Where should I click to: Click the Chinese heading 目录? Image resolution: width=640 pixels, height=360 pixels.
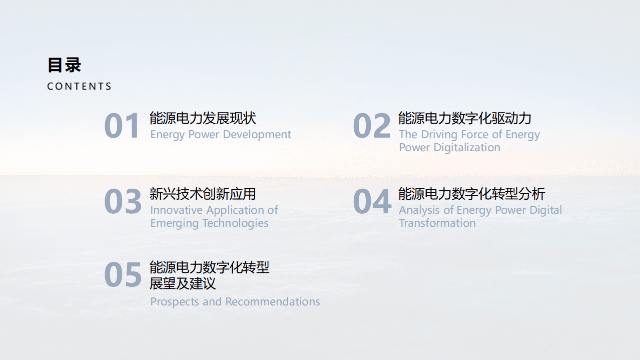[64, 65]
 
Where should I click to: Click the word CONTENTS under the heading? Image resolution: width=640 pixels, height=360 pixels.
[79, 87]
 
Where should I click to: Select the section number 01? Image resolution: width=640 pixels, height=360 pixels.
[122, 126]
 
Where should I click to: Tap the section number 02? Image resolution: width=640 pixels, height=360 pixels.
[371, 126]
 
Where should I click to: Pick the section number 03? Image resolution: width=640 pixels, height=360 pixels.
[123, 202]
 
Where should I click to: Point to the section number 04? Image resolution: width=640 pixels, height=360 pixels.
[372, 202]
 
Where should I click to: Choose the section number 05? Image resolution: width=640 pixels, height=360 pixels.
[123, 275]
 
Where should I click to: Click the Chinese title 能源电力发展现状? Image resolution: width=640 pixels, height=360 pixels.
[203, 118]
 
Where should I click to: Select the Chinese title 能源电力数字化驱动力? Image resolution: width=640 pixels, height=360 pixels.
[464, 118]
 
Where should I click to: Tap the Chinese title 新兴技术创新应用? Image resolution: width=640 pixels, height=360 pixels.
[203, 194]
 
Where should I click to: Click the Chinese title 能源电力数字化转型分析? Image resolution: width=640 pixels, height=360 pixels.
[471, 194]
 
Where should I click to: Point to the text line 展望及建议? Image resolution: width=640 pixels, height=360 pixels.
[183, 283]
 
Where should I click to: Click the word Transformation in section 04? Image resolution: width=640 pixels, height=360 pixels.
[437, 223]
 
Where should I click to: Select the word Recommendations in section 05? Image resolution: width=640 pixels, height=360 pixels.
[273, 302]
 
